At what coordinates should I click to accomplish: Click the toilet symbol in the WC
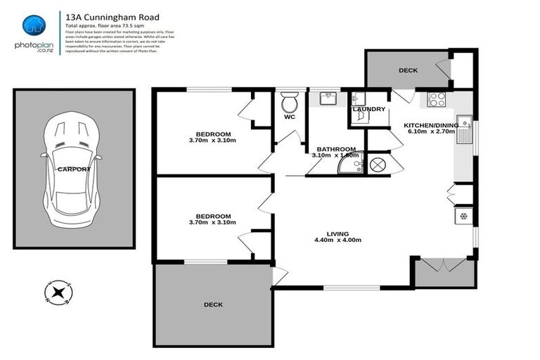(x=289, y=105)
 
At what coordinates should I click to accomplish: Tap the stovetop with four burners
(x=437, y=99)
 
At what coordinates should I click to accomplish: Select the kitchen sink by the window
(x=464, y=130)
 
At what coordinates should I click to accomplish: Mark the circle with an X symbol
(x=376, y=165)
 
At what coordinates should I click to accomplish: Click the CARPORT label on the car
(x=75, y=169)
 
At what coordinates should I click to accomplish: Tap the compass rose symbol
(x=58, y=290)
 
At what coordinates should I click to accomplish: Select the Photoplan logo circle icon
(x=34, y=25)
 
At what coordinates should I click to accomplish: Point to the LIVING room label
(x=337, y=234)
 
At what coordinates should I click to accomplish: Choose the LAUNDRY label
(x=368, y=109)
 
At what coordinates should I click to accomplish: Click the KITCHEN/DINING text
(x=430, y=125)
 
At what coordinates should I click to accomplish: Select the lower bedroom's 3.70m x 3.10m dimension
(x=213, y=222)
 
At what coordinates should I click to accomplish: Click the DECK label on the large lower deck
(x=213, y=304)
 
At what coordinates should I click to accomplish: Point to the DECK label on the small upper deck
(x=408, y=70)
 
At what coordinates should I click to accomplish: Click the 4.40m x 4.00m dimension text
(x=337, y=240)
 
